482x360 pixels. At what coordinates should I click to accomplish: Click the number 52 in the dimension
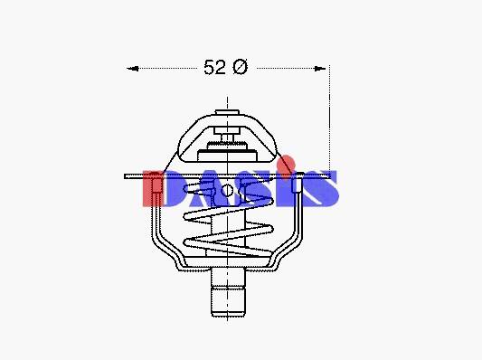click(x=214, y=67)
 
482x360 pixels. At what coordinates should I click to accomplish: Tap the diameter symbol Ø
click(x=240, y=67)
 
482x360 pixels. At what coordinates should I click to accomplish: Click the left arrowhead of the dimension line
click(x=133, y=69)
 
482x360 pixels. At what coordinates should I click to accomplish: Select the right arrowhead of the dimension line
click(x=320, y=69)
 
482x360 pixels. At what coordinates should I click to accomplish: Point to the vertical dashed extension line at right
click(x=329, y=120)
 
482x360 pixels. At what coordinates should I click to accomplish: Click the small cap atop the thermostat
click(x=227, y=112)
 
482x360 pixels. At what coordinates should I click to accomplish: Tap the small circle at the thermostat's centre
click(x=227, y=191)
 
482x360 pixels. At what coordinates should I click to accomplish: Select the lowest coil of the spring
click(x=228, y=246)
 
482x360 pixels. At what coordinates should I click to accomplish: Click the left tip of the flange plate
click(x=125, y=176)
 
